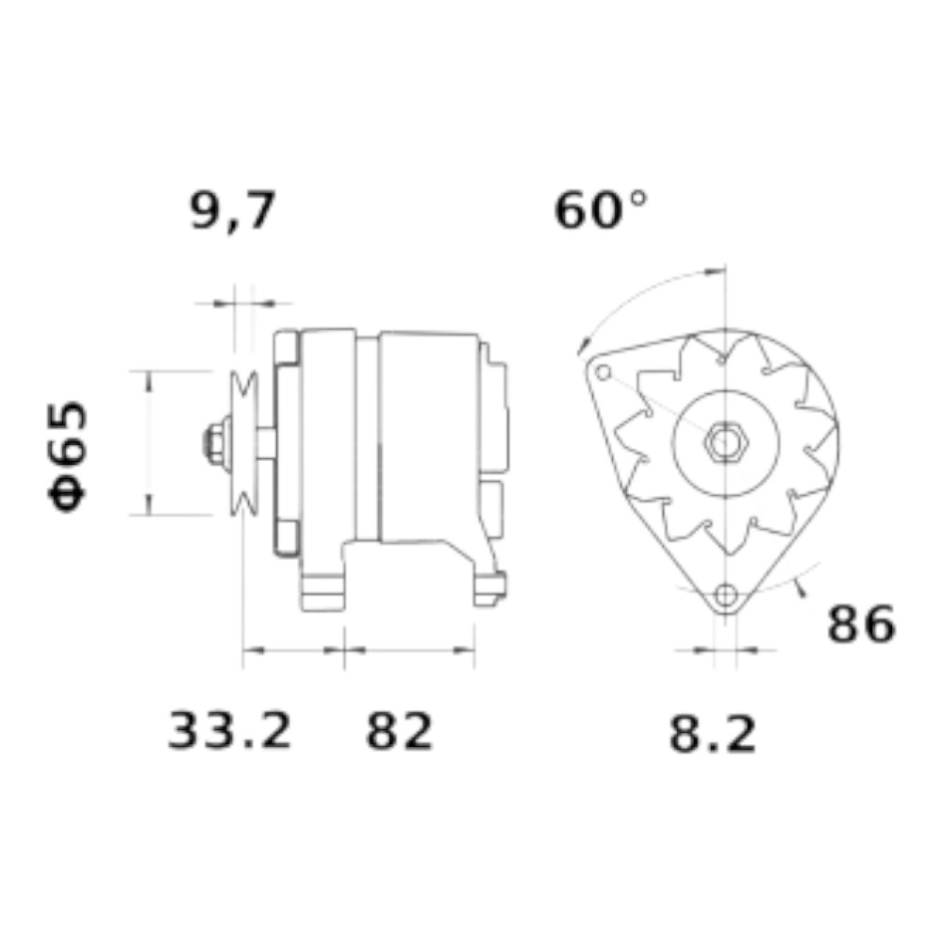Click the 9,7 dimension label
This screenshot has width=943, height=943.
(233, 210)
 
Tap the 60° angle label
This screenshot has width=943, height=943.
(600, 210)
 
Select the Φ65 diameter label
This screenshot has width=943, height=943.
(68, 455)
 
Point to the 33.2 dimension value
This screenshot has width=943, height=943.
(229, 730)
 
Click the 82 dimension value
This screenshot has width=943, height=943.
(399, 730)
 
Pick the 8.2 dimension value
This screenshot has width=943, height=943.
(713, 734)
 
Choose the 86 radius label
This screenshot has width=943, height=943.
(862, 624)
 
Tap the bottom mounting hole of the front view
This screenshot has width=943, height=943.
(726, 595)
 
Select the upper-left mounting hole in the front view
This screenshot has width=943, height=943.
(604, 372)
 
